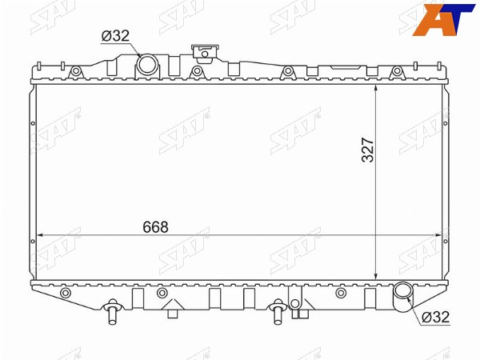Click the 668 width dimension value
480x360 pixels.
click(x=155, y=227)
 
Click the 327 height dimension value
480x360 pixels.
click(x=368, y=150)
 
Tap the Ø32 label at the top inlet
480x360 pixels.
click(x=115, y=36)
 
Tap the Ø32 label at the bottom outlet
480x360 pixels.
click(x=435, y=317)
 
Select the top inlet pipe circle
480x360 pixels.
click(x=147, y=64)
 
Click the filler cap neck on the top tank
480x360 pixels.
click(x=205, y=54)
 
